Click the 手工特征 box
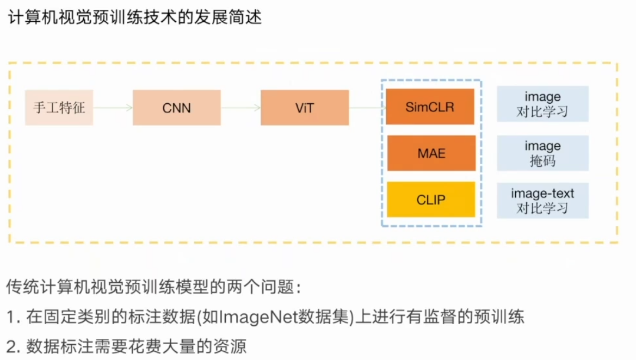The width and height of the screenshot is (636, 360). pyautogui.click(x=59, y=108)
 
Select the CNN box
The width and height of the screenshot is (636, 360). pyautogui.click(x=177, y=108)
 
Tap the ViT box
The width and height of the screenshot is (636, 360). pyautogui.click(x=305, y=108)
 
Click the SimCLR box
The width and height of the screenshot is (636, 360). pyautogui.click(x=430, y=107)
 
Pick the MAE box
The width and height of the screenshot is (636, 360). pyautogui.click(x=430, y=153)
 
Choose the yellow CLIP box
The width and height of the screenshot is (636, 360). pyautogui.click(x=430, y=200)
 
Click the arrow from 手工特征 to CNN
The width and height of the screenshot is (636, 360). pyautogui.click(x=113, y=108)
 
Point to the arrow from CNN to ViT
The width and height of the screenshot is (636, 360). pyautogui.click(x=240, y=108)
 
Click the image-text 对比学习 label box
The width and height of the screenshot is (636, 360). pyautogui.click(x=542, y=201)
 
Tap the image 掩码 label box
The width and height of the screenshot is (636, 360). pyautogui.click(x=542, y=153)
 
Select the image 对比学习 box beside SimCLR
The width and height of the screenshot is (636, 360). pyautogui.click(x=542, y=104)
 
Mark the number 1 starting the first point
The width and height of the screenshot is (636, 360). pyautogui.click(x=11, y=317)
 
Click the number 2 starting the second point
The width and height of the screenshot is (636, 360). pyautogui.click(x=11, y=345)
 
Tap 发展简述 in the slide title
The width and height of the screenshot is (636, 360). pyautogui.click(x=229, y=18)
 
